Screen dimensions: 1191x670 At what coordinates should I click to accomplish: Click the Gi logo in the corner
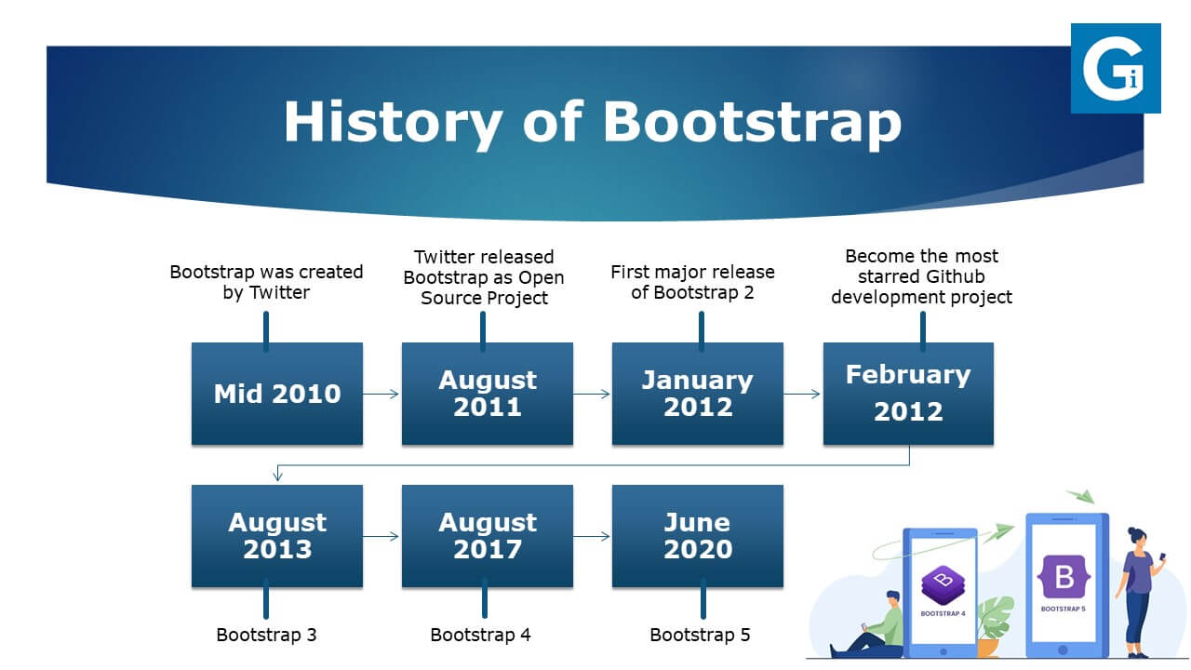1116,68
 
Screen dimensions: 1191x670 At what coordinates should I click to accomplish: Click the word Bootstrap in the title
753,123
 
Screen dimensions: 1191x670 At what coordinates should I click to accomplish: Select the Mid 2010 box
277,394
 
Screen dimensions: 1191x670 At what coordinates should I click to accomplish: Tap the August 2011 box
487,394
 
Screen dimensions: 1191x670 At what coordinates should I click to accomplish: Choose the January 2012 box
698,394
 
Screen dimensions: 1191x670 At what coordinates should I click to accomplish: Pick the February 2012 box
908,394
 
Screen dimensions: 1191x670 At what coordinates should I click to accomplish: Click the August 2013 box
277,536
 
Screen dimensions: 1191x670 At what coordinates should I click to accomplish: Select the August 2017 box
487,536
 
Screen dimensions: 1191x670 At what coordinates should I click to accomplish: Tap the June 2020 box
698,536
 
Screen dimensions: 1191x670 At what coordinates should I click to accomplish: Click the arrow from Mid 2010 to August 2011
381,394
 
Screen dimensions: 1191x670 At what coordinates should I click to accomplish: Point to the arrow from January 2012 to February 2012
802,394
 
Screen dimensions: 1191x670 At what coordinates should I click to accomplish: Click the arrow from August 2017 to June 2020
592,536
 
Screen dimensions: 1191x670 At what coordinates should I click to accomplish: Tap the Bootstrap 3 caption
266,635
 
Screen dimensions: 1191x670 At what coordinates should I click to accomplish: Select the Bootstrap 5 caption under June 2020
700,635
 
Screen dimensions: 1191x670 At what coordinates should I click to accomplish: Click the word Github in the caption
956,276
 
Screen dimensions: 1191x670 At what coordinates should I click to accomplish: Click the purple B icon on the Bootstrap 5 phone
1064,577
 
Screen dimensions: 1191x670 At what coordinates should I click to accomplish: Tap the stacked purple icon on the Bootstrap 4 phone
943,585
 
